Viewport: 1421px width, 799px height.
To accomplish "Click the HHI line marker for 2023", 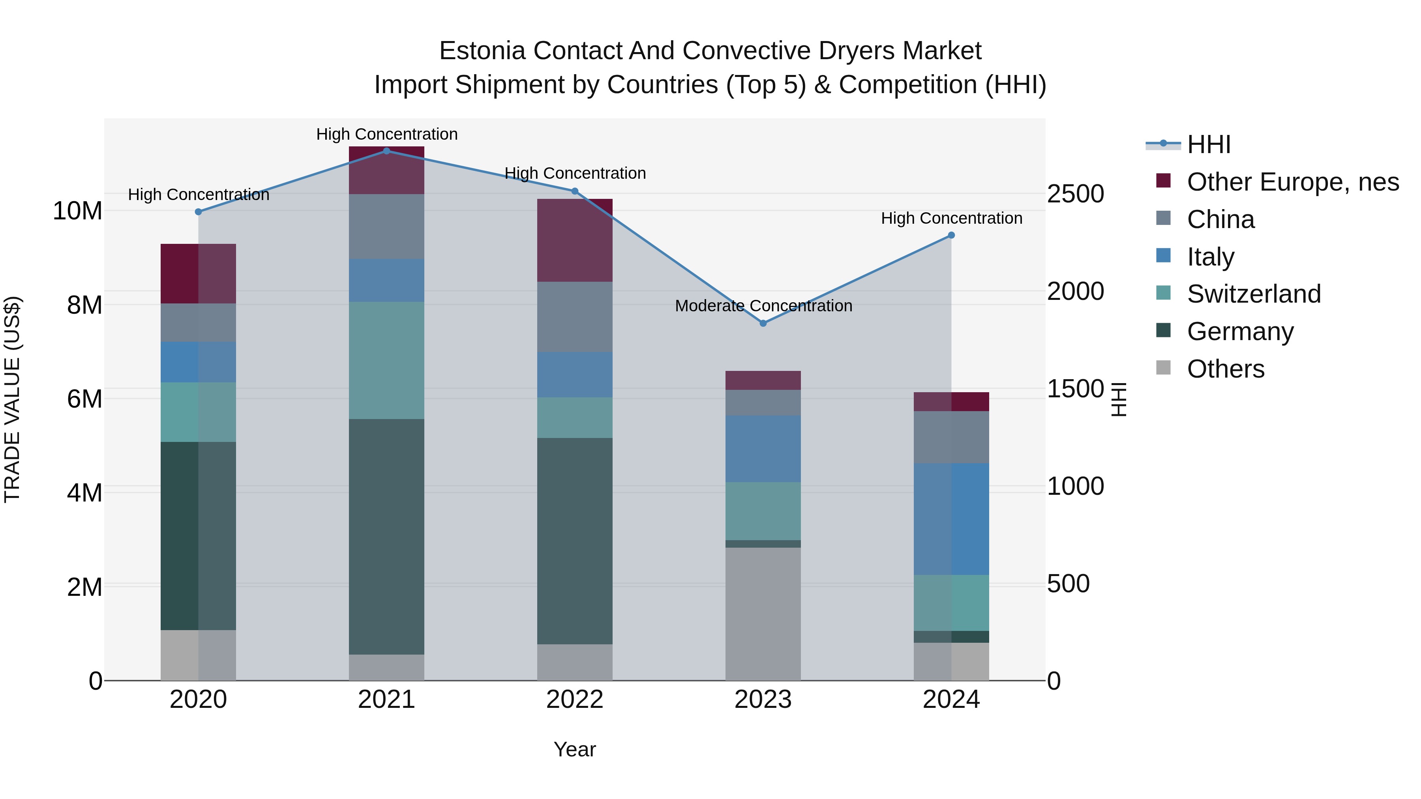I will (x=763, y=323).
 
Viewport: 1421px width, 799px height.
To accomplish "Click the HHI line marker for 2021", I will (x=387, y=151).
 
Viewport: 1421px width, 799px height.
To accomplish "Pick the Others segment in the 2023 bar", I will (x=763, y=613).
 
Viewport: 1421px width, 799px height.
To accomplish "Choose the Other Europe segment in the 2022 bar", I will (x=575, y=240).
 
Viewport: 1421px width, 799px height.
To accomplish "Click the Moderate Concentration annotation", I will (x=763, y=305).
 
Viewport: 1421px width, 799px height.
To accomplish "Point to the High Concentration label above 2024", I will (x=951, y=218).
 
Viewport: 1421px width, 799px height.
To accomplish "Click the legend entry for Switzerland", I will (x=1253, y=294).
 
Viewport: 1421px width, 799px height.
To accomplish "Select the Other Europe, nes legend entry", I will (x=1292, y=182).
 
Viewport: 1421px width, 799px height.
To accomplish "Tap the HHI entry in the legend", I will (x=1208, y=144).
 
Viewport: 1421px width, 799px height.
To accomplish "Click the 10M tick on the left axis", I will (x=77, y=211).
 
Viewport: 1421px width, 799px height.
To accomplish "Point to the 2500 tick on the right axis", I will (x=1075, y=194).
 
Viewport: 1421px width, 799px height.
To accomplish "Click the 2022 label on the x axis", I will (x=575, y=700).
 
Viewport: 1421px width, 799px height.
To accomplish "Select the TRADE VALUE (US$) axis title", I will (x=12, y=399).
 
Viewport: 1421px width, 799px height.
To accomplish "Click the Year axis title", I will (x=575, y=749).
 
